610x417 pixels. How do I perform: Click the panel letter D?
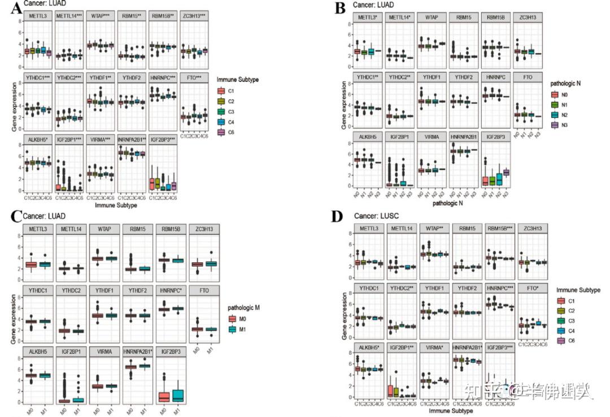339,217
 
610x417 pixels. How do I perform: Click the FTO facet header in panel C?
203,292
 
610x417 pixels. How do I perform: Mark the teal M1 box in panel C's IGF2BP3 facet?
178,394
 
